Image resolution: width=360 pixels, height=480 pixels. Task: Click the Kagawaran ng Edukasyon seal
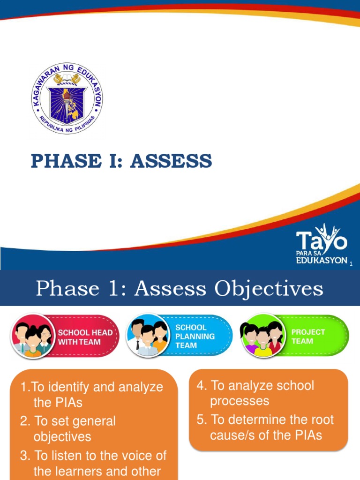point(67,98)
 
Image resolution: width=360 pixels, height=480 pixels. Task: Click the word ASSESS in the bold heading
point(171,161)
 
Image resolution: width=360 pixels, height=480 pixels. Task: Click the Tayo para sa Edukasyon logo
point(322,245)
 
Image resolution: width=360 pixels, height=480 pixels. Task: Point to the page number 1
point(351,265)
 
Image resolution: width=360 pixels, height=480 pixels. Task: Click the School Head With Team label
point(85,337)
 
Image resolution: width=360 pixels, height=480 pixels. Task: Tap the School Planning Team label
point(195,336)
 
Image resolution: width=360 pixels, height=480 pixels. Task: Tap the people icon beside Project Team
point(261,336)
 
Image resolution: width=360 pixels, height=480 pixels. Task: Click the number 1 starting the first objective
point(24,388)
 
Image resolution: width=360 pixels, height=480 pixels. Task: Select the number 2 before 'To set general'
point(24,421)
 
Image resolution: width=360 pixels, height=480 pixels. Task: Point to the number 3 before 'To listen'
point(24,456)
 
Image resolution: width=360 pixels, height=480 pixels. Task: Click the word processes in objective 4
point(239,401)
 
